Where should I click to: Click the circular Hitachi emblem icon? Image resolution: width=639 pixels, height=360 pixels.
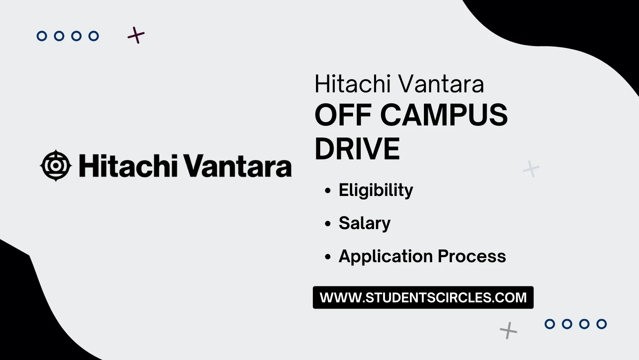[56, 166]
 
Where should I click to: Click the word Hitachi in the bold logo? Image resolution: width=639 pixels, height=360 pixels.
[128, 166]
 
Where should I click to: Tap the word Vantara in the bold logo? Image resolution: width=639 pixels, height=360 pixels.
[237, 166]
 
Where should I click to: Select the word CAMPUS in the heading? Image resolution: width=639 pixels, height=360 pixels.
[444, 115]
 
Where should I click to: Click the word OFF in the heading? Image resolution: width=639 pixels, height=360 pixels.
[343, 115]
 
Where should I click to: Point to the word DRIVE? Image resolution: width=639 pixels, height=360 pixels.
[357, 149]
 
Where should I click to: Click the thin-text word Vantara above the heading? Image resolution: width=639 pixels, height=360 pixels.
[441, 84]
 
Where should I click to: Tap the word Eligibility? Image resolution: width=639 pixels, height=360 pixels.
[376, 191]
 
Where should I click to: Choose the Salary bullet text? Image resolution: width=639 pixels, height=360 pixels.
[364, 224]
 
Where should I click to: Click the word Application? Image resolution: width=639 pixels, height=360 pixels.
[386, 257]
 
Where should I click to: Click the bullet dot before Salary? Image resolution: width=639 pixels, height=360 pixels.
[328, 224]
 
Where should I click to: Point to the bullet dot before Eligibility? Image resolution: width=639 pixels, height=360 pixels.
[328, 191]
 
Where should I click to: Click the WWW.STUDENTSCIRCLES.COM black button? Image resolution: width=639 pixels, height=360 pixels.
[423, 298]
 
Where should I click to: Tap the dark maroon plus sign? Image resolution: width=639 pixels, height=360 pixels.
[136, 35]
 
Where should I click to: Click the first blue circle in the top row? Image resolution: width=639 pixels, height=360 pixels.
[42, 36]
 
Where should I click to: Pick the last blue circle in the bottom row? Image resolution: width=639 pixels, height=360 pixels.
[602, 324]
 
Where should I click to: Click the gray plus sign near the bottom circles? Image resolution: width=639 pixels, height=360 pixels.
[508, 330]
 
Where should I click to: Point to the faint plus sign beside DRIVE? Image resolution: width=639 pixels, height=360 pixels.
[531, 169]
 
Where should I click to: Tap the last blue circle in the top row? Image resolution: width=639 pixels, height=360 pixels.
[94, 36]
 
